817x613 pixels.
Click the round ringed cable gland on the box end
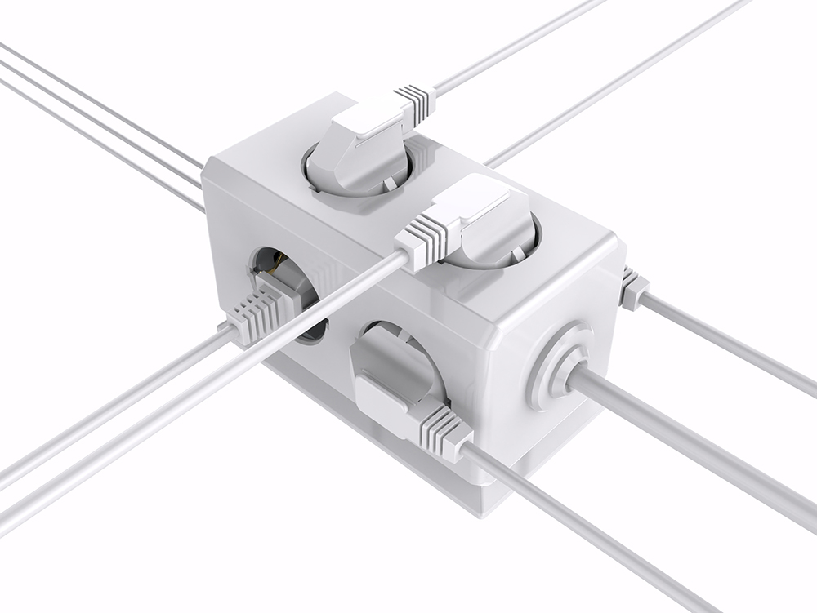point(559,365)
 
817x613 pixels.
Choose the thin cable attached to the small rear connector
point(727,343)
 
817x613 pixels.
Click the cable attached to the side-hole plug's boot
point(106,408)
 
